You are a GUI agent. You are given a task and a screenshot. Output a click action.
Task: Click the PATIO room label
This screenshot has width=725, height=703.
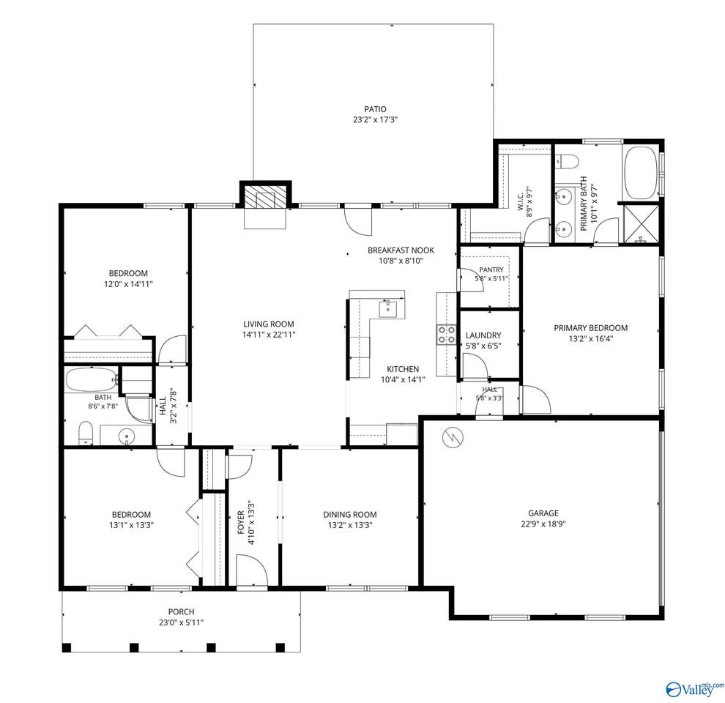[x=375, y=109]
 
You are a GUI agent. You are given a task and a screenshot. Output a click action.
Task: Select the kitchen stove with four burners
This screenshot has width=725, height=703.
[x=446, y=335]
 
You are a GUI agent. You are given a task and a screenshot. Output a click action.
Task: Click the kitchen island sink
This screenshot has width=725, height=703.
[x=388, y=308]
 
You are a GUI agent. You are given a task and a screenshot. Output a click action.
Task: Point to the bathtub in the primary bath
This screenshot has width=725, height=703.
[x=642, y=173]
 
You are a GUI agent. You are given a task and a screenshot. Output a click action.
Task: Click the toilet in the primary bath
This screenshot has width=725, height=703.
[x=566, y=161]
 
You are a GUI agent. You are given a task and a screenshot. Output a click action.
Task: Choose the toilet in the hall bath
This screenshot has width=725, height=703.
[x=86, y=433]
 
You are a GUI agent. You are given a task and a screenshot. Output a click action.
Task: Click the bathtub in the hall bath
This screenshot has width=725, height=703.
[x=91, y=380]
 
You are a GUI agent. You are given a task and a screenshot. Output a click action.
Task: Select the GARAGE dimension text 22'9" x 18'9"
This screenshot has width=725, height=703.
[x=543, y=524]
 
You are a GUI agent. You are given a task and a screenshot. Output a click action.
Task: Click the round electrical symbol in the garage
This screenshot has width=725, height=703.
[x=452, y=436]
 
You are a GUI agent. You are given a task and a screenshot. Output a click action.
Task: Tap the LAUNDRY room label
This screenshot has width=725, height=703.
[x=483, y=335]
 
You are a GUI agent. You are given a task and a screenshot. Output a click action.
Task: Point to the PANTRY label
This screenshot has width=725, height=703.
[x=491, y=269]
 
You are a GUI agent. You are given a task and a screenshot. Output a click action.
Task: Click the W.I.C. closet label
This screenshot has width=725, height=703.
[x=520, y=198]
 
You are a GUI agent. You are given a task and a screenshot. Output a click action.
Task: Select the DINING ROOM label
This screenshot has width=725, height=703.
[x=349, y=514]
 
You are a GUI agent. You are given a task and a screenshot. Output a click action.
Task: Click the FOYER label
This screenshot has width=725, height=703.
[x=240, y=523]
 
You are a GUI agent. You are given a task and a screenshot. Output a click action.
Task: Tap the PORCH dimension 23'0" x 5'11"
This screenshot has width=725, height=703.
[x=182, y=622]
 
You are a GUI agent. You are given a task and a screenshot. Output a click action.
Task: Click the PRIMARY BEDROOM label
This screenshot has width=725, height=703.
[x=590, y=328]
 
